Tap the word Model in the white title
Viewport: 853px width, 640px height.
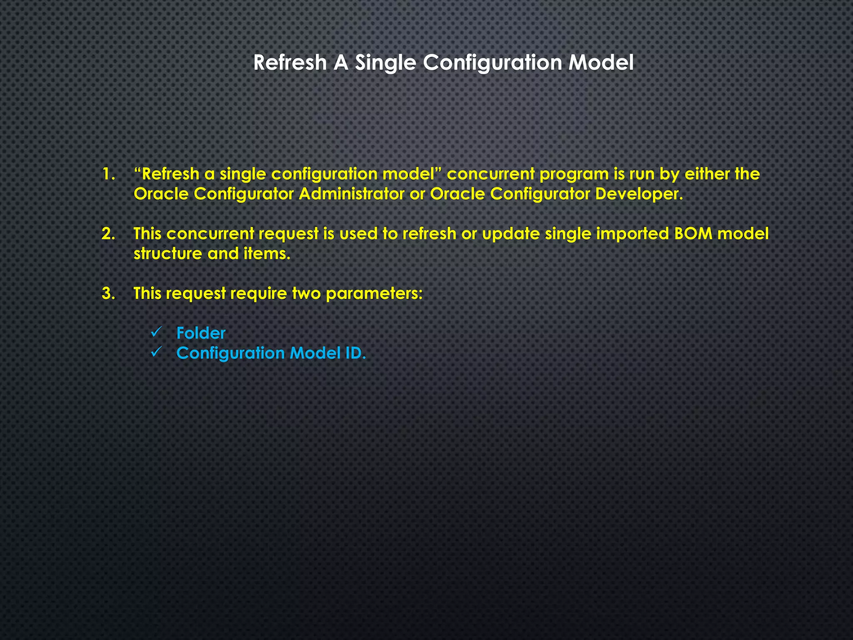(x=601, y=62)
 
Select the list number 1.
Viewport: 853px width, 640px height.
(x=108, y=174)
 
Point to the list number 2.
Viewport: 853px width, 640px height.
(x=108, y=234)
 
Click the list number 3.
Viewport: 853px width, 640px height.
(x=108, y=294)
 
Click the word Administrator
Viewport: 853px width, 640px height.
(x=351, y=194)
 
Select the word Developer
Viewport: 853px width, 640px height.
(x=639, y=194)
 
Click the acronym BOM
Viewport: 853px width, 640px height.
(x=693, y=234)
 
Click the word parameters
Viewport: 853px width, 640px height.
(x=374, y=294)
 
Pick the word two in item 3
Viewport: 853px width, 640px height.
(x=306, y=294)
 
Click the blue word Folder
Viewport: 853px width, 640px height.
(x=201, y=333)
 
